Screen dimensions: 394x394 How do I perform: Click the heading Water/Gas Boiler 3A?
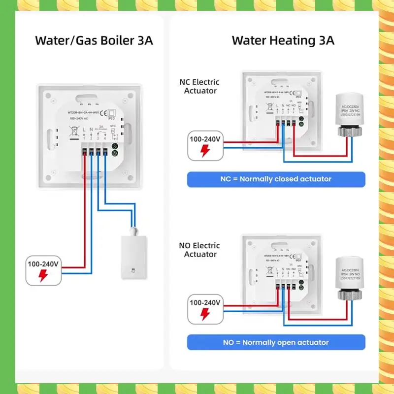click(x=94, y=40)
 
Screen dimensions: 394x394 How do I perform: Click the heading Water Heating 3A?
click(x=283, y=40)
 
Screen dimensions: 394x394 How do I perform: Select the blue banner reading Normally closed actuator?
click(x=276, y=179)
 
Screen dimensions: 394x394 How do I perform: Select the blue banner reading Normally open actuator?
click(x=276, y=342)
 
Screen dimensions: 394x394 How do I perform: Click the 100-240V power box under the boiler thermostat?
click(x=43, y=270)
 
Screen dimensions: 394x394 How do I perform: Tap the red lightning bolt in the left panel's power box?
click(x=43, y=276)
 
